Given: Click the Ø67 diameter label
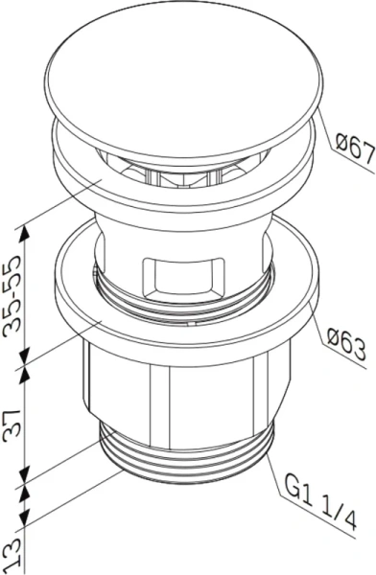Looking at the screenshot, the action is coord(355,149).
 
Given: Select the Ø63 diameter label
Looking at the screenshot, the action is coord(346,343).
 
